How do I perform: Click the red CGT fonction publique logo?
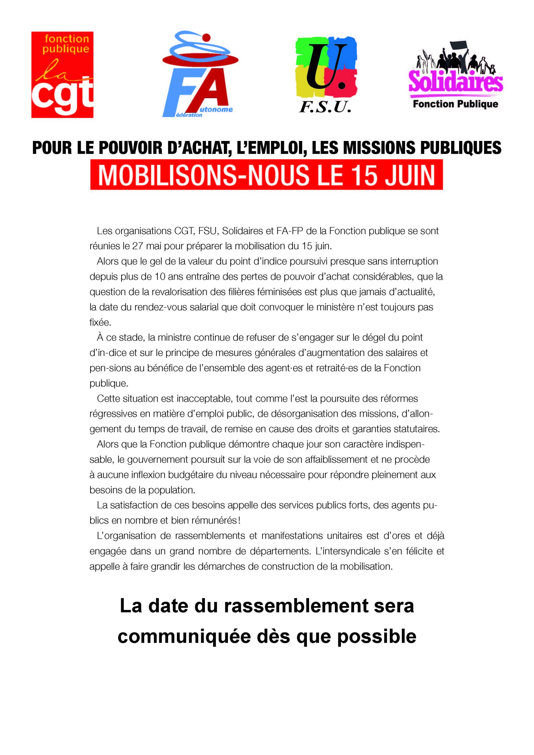pos(62,75)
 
